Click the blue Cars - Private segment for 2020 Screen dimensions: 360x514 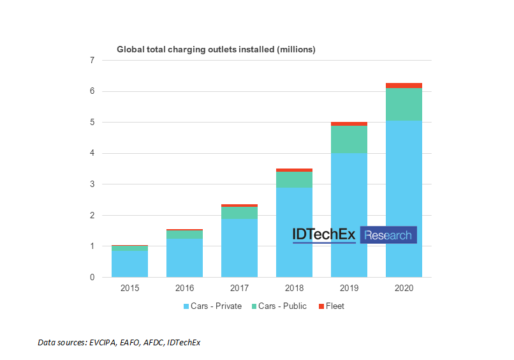pos(404,199)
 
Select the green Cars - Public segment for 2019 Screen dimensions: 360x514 pos(349,139)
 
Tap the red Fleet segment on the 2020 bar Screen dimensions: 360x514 pos(404,86)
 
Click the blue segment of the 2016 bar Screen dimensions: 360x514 pos(184,258)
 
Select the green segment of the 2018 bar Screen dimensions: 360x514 pos(294,179)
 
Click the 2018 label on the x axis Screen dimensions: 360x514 pos(294,289)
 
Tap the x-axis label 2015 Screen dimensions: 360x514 pos(129,289)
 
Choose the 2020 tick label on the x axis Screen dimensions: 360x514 pos(404,289)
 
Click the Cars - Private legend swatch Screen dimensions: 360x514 pos(185,306)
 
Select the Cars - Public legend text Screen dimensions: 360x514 pos(283,306)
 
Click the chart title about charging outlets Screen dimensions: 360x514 pos(216,49)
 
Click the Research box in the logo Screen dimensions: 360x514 pos(388,235)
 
